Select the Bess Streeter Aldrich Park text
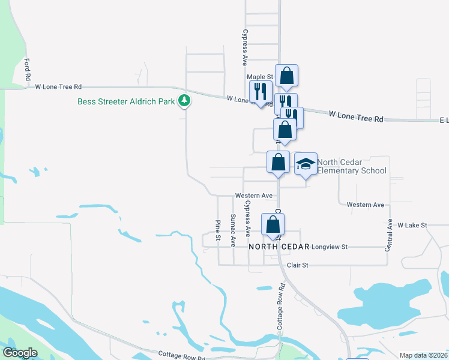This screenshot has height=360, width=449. click(x=126, y=101)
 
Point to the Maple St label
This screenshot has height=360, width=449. click(x=260, y=77)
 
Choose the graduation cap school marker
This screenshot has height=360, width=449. click(x=306, y=163)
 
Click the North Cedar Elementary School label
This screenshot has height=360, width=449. click(x=352, y=166)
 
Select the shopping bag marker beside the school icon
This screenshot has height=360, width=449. click(x=278, y=162)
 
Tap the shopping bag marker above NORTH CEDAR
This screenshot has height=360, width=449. click(x=273, y=225)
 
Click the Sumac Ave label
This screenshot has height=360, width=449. click(x=233, y=230)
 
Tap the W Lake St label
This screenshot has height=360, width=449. click(x=412, y=225)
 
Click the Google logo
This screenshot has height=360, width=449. click(x=20, y=353)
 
